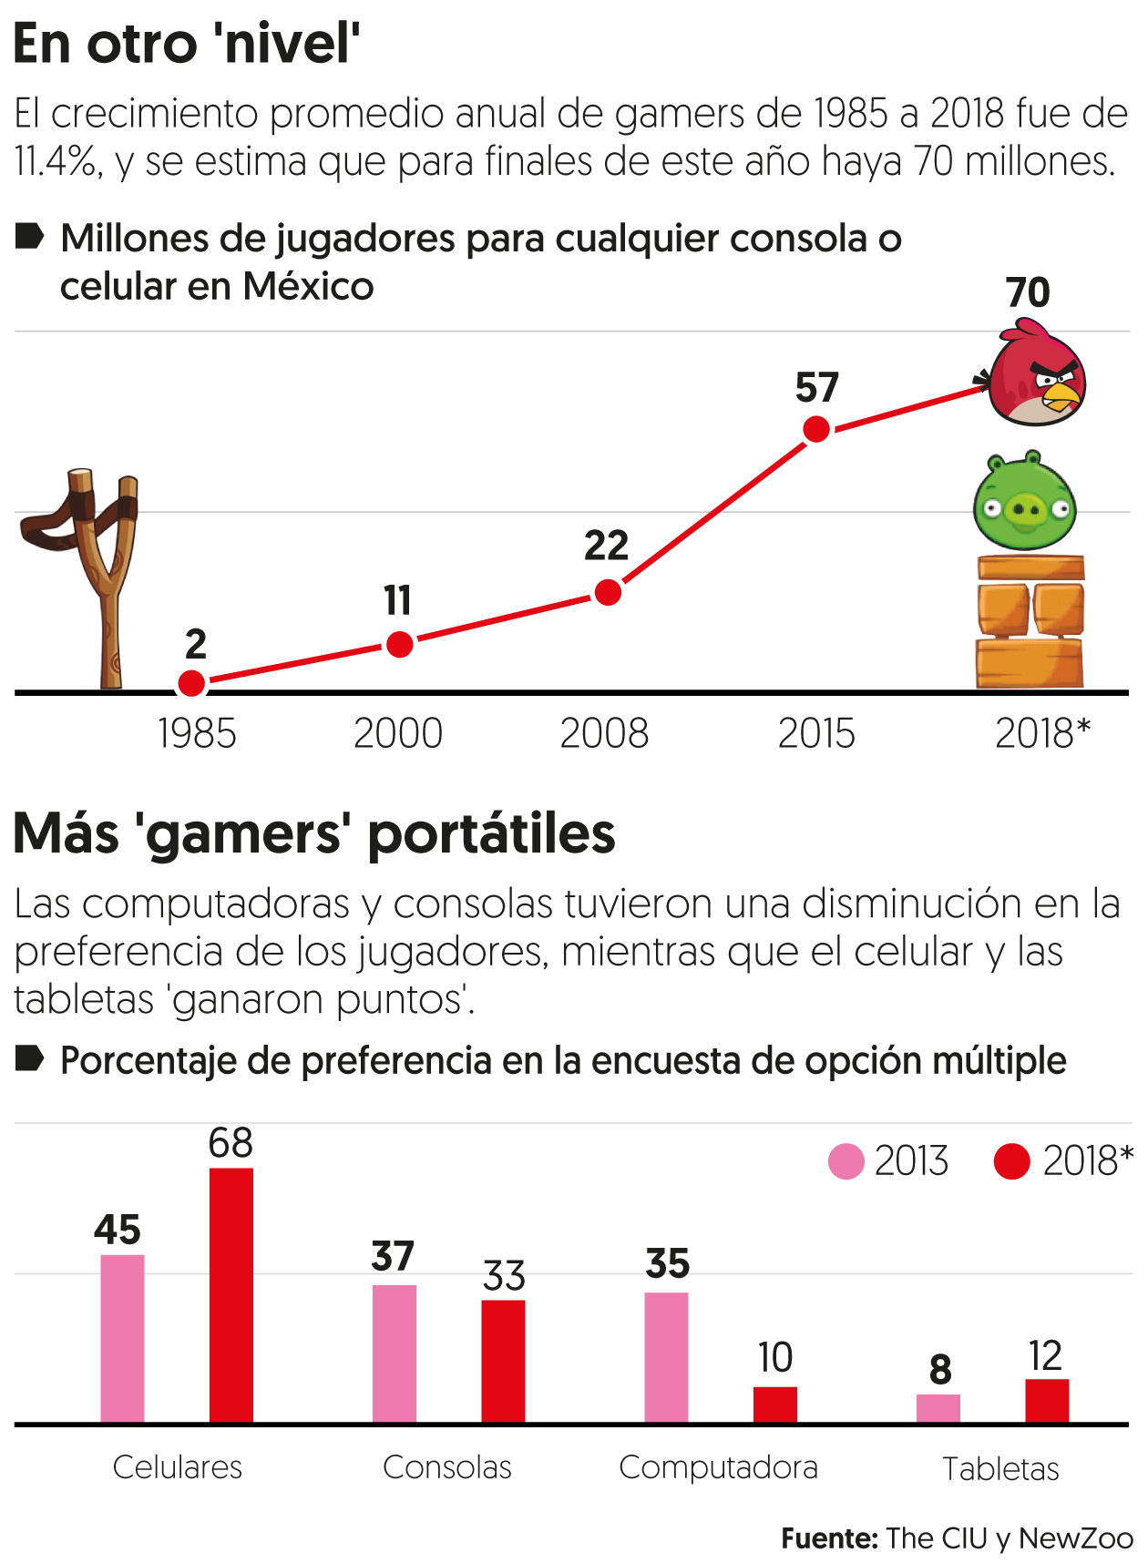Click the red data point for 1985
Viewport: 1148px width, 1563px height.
click(x=191, y=682)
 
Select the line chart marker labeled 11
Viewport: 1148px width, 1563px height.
click(x=399, y=645)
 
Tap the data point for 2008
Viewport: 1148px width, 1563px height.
click(x=608, y=593)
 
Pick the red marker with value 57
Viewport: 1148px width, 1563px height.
click(x=816, y=429)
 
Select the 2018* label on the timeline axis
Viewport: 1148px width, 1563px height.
click(x=1042, y=733)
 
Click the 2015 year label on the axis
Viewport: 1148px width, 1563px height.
click(x=816, y=733)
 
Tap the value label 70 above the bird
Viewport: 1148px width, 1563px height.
click(x=1028, y=293)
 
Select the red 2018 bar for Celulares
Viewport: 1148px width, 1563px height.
click(x=231, y=1294)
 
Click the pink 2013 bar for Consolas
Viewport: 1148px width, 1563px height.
click(x=395, y=1354)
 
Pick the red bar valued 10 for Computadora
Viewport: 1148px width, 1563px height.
click(x=775, y=1404)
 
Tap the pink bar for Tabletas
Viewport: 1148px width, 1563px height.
click(x=938, y=1408)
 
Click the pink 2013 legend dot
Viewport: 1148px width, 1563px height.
click(x=846, y=1161)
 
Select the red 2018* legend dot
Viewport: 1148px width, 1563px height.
click(x=1011, y=1161)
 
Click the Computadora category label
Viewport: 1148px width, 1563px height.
click(x=718, y=1467)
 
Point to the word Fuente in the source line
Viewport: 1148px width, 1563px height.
click(x=828, y=1538)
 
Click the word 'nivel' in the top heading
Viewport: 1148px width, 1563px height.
click(x=292, y=43)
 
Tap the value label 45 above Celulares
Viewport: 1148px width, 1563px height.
click(x=118, y=1230)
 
